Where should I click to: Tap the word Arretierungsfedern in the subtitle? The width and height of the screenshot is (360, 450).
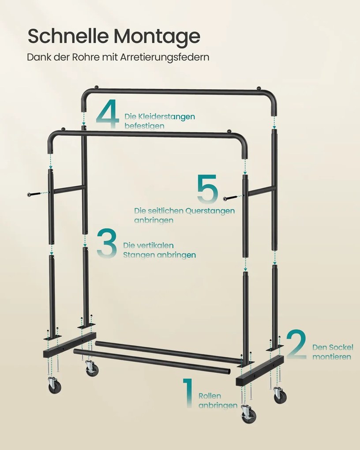[x=165, y=57]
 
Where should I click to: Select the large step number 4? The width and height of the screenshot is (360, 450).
[x=108, y=113]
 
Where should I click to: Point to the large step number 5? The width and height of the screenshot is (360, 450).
[x=207, y=188]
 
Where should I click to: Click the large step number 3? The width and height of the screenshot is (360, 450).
[x=107, y=243]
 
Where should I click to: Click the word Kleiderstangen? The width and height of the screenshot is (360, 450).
[x=166, y=116]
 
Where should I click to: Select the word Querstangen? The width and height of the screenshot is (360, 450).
[x=210, y=211]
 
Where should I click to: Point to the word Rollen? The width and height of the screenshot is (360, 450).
[x=210, y=396]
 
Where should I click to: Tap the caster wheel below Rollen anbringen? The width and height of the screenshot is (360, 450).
[x=249, y=415]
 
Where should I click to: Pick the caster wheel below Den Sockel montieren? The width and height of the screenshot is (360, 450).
[x=280, y=396]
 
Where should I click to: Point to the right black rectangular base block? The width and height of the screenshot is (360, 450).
[x=260, y=370]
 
